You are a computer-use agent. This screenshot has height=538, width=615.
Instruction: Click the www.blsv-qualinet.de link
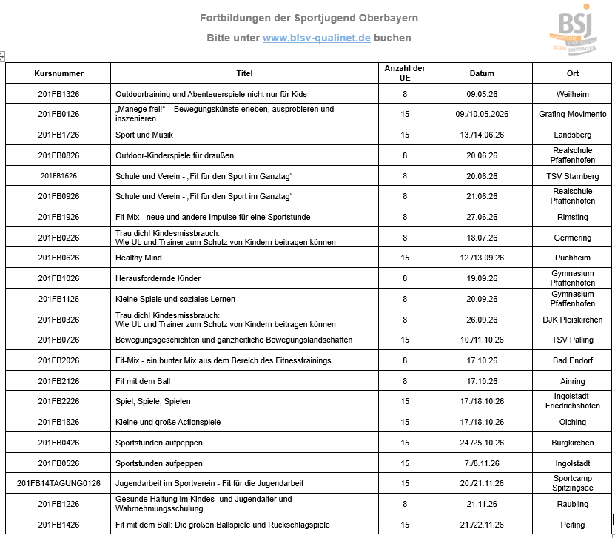click(316, 38)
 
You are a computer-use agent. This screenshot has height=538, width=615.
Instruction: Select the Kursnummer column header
click(58, 73)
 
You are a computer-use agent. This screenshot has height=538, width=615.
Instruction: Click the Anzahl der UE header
click(405, 73)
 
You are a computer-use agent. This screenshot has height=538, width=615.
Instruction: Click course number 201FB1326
click(58, 94)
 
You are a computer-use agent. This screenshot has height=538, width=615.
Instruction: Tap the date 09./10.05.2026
click(482, 114)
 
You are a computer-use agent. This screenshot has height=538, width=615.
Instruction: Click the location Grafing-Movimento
click(573, 114)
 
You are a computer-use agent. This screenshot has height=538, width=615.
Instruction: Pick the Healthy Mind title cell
click(138, 258)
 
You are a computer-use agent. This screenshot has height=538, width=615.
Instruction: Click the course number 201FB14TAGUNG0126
click(58, 483)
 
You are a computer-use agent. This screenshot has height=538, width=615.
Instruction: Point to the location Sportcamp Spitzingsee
click(573, 483)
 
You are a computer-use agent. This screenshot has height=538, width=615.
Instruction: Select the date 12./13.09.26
click(482, 258)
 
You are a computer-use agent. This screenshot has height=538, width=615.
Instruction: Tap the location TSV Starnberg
click(573, 176)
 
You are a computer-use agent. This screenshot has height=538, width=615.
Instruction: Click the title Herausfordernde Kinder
click(158, 278)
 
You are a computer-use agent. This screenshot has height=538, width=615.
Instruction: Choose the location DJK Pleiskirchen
click(573, 320)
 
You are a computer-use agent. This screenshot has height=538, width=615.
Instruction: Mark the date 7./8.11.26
click(482, 463)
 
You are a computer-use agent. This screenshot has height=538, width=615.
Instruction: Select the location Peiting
click(573, 525)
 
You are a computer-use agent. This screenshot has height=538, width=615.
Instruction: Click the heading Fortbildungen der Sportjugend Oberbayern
click(309, 18)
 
